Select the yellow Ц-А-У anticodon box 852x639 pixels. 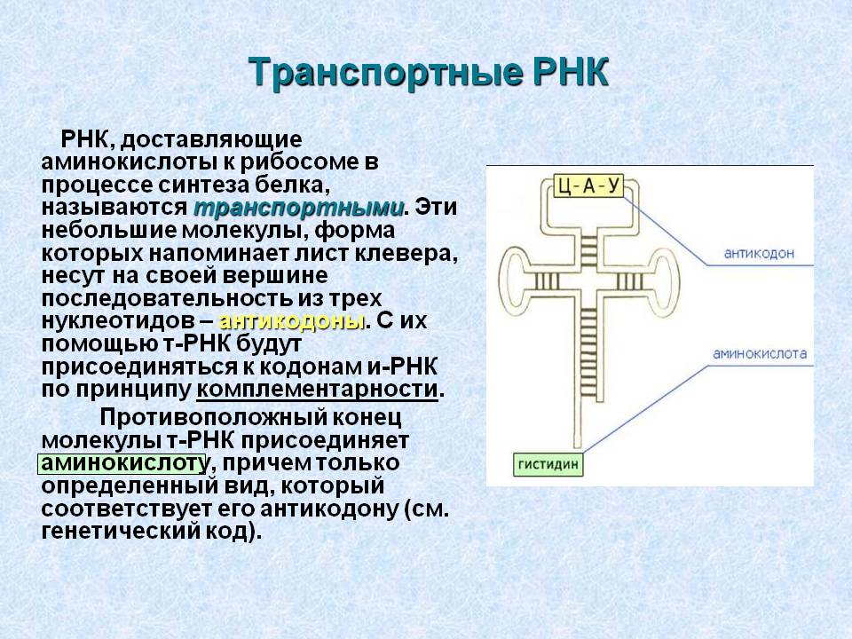pyautogui.click(x=589, y=185)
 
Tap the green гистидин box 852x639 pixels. pyautogui.click(x=548, y=465)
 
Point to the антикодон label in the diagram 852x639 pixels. pyautogui.click(x=759, y=253)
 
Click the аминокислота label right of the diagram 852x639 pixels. pyautogui.click(x=760, y=354)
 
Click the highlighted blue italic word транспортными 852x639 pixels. pyautogui.click(x=299, y=208)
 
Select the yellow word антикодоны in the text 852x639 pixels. pyautogui.click(x=291, y=321)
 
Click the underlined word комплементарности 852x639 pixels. pyautogui.click(x=317, y=389)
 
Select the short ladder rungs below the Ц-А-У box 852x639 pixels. pyautogui.click(x=589, y=248)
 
